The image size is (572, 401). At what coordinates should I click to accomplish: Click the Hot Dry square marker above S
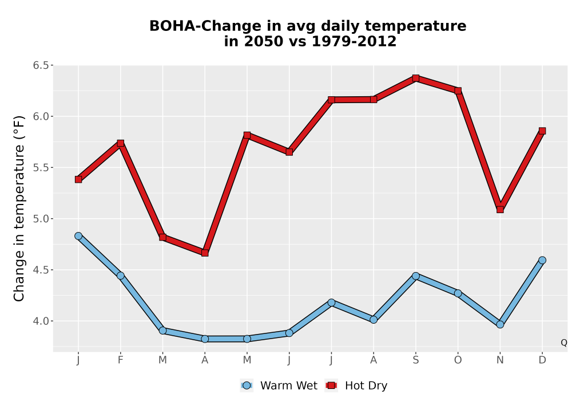coord(415,78)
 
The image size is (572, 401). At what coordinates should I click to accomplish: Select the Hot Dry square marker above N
coord(500,209)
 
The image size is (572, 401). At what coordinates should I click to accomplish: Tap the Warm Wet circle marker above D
coord(542,260)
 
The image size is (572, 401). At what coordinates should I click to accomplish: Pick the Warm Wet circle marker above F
coord(120,276)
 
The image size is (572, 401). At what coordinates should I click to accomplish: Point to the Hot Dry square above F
coord(120,143)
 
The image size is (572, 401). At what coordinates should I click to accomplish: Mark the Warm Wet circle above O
coord(458,293)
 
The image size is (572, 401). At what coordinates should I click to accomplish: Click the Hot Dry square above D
coord(542,131)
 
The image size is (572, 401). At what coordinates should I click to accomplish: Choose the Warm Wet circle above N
coord(500,324)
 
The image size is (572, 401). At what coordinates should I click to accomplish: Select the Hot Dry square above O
coord(458,91)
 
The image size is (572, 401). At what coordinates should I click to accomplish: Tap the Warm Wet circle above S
coord(415,276)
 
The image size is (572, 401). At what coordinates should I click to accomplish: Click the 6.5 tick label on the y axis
coord(41,65)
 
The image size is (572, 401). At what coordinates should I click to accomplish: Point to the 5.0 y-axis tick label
coord(41,219)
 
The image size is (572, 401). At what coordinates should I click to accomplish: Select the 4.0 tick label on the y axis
coord(41,321)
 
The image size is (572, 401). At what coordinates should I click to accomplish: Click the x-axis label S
coord(415,360)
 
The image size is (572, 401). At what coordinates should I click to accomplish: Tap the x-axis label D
coord(542,360)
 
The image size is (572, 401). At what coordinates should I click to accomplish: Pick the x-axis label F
coord(120,360)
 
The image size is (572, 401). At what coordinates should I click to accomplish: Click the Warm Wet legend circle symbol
coord(247,386)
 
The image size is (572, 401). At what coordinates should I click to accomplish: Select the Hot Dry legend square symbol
coord(331,386)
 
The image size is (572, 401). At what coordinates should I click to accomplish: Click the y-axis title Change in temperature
coord(19,209)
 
